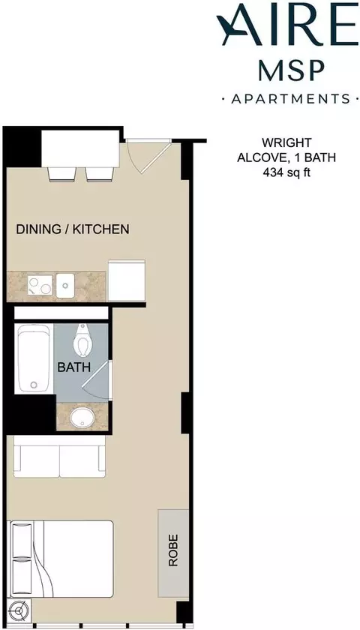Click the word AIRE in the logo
pos(287,25)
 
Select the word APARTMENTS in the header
pos(290,98)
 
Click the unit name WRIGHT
pos(286,142)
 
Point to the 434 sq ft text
pos(286,172)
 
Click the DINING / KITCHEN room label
pos(73,229)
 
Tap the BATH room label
pos(74,367)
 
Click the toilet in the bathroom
pos(82,340)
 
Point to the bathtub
pos(34,358)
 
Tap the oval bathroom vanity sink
pos(82,418)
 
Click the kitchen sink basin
pos(65,285)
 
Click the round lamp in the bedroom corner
pos(19,610)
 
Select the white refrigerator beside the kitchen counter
pos(127,280)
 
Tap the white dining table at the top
pos(81,148)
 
